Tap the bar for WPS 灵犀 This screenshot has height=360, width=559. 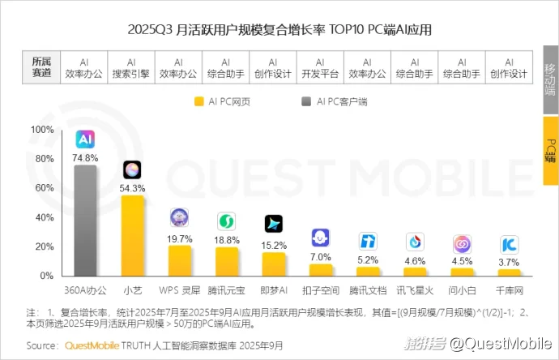pyautogui.click(x=180, y=261)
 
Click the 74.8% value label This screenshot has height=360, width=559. pyautogui.click(x=85, y=157)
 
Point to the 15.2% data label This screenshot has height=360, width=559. pyautogui.click(x=274, y=245)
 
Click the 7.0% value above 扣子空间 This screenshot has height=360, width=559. pyautogui.click(x=321, y=257)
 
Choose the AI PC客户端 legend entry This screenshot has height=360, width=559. pyautogui.click(x=335, y=101)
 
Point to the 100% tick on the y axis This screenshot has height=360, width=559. pyautogui.click(x=42, y=130)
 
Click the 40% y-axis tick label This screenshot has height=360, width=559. pyautogui.click(x=42, y=217)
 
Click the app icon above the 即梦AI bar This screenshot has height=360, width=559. pyautogui.click(x=274, y=224)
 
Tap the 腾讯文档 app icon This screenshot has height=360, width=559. pyautogui.click(x=369, y=242)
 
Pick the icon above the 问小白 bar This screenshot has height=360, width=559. pyautogui.click(x=463, y=243)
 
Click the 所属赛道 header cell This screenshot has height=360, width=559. pyautogui.click(x=41, y=66)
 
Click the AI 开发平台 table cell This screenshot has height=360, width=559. pyautogui.click(x=320, y=66)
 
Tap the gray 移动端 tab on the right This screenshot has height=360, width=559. pyautogui.click(x=551, y=79)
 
